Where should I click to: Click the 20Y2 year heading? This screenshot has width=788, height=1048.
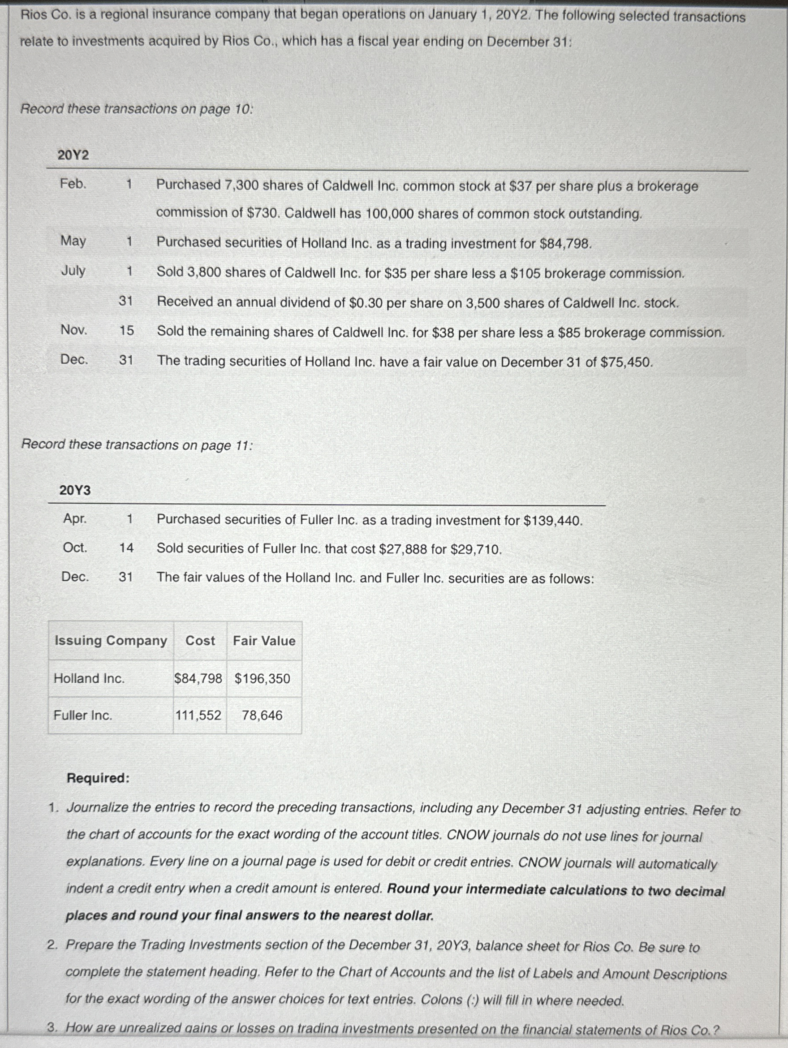click(x=73, y=155)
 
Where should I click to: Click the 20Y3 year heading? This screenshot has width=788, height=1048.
click(x=74, y=490)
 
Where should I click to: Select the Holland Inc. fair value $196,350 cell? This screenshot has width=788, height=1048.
click(x=262, y=678)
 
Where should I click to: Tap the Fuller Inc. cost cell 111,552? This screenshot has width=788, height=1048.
click(x=198, y=715)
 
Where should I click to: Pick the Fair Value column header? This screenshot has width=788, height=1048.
click(x=264, y=641)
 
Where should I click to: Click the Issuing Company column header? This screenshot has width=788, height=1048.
click(x=111, y=641)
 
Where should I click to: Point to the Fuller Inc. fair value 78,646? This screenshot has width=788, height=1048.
click(x=262, y=715)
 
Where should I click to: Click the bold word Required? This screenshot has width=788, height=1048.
click(x=98, y=778)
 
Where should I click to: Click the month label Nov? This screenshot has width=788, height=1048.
click(x=73, y=330)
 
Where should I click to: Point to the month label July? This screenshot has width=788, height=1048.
click(x=73, y=271)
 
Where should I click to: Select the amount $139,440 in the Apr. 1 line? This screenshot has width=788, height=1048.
click(x=552, y=521)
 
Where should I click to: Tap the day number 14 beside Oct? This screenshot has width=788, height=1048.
click(x=126, y=548)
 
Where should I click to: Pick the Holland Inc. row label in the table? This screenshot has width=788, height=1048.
click(x=89, y=678)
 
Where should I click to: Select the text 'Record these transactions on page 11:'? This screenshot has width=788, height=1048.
click(x=137, y=444)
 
